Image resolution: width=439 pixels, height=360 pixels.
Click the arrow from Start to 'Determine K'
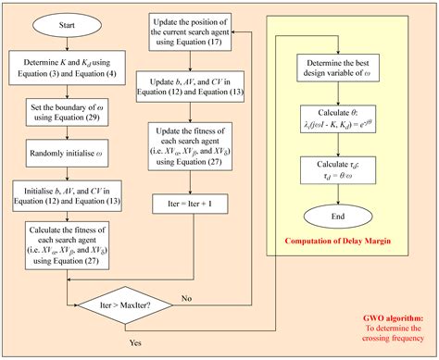(x=66, y=47)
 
